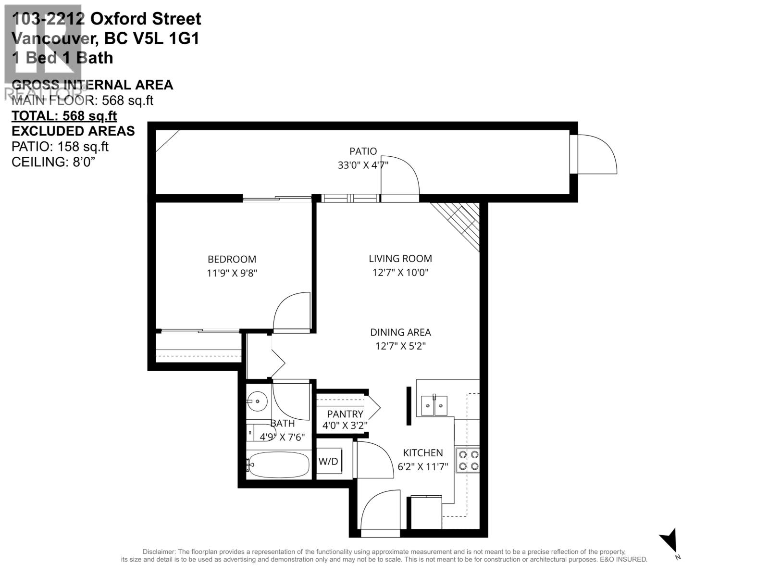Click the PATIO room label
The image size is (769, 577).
363,151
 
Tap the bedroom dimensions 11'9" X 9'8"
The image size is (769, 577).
232,273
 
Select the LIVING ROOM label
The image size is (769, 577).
400,258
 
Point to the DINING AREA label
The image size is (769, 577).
400,332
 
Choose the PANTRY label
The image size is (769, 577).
345,414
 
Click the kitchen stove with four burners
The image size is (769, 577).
468,460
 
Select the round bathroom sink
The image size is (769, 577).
258,400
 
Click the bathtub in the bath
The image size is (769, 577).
278,464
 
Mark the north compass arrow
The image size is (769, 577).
669,542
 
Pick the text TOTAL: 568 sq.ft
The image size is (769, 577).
64,116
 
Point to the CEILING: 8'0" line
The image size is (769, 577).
53,162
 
